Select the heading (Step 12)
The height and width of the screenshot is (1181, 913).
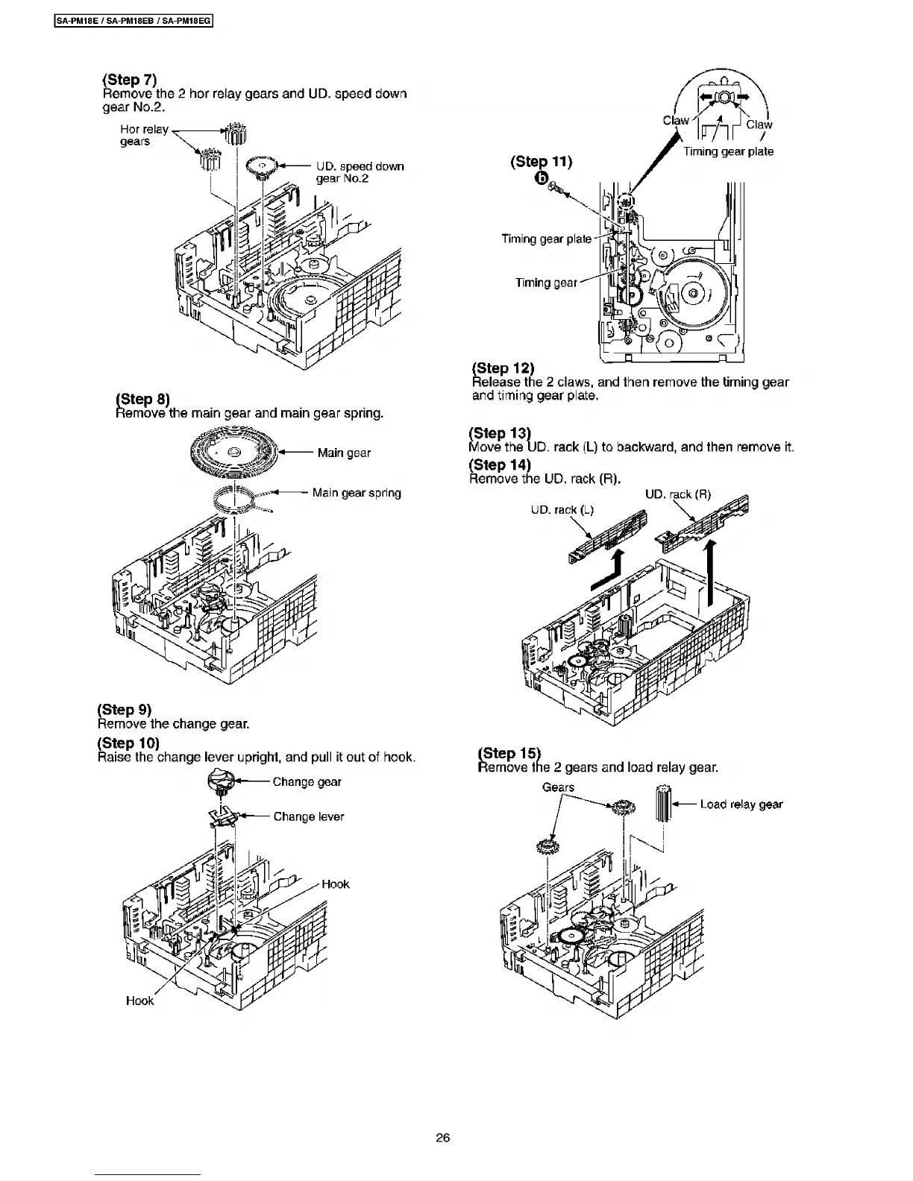pyautogui.click(x=503, y=368)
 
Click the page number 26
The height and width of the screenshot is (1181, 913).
pyautogui.click(x=442, y=1138)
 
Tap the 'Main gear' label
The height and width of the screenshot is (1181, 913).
pyautogui.click(x=343, y=453)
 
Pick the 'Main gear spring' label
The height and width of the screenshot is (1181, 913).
pyautogui.click(x=357, y=493)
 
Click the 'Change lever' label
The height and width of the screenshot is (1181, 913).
pyautogui.click(x=308, y=816)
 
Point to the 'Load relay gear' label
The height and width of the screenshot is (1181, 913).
pyautogui.click(x=741, y=804)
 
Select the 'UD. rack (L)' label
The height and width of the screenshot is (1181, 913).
pyautogui.click(x=562, y=510)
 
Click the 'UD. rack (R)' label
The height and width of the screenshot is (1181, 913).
pyautogui.click(x=677, y=494)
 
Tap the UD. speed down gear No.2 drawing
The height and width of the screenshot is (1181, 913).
pyautogui.click(x=260, y=168)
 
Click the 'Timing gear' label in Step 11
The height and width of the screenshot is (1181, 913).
pyautogui.click(x=546, y=283)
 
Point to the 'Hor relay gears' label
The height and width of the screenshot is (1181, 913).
pyautogui.click(x=145, y=135)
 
